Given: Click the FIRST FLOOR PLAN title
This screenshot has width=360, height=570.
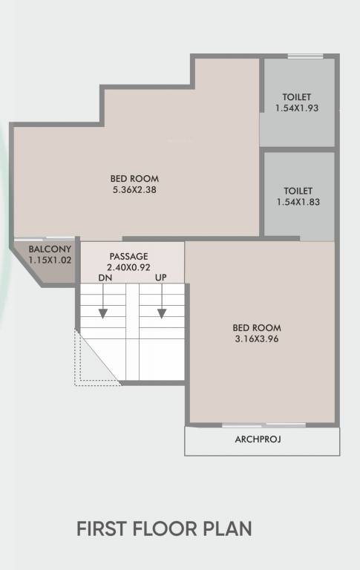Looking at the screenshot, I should coord(164,529).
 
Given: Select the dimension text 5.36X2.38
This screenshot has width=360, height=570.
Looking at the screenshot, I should coord(134,189).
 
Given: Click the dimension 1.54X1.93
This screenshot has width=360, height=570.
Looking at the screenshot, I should coord(296,108).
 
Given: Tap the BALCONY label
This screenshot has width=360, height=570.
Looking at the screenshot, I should coord(50,249).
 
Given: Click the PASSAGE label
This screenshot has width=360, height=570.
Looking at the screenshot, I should coord(129,256).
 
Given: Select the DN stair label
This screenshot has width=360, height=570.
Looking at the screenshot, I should coord(105,278).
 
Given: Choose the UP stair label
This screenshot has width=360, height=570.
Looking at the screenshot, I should coord(160,278).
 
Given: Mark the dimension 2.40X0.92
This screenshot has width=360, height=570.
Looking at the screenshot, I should coord(129,266).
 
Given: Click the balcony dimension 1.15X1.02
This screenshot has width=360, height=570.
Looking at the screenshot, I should coord(50,260).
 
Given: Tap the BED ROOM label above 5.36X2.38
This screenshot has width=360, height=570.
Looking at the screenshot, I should coord(134,178).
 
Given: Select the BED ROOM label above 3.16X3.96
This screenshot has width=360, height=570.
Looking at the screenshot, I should coord(257,327).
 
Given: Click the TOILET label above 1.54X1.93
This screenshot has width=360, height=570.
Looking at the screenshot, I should coord(296,97).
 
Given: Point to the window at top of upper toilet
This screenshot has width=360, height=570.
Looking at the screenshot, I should coord(299,56).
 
